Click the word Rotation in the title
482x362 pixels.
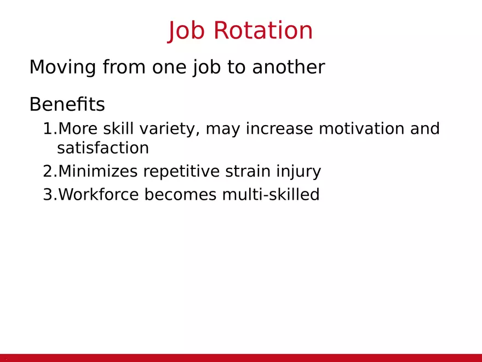pos(263,30)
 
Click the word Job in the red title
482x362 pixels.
pos(186,31)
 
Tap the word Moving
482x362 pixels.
pos(62,67)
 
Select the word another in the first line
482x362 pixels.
pos(288,67)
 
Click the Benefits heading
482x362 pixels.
pos(67,104)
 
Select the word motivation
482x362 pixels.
pos(361,128)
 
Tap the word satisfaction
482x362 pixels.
pos(103,148)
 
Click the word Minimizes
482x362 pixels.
pos(97,171)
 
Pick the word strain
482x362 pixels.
pos(248,171)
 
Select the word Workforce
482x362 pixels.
pos(99,195)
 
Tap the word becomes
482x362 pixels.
pos(180,195)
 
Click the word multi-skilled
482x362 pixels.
pos(271,194)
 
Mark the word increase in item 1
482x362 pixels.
pos(279,128)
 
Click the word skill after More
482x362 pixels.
pos(118,128)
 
